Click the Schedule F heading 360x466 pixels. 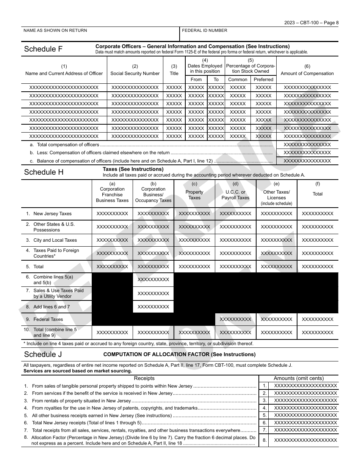[x=43, y=49]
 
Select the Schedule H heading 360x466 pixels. [x=44, y=172]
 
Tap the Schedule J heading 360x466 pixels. [x=43, y=355]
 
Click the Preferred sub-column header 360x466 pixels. [x=263, y=80]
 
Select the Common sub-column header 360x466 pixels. [x=238, y=80]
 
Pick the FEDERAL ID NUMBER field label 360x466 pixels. [x=205, y=31]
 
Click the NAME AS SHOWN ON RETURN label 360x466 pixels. [x=55, y=31]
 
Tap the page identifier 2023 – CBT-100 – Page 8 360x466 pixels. [x=311, y=23]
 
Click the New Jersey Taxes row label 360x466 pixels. [x=52, y=214]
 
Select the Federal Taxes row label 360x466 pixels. [x=48, y=319]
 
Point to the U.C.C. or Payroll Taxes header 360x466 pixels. [x=235, y=195]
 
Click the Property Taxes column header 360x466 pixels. [x=194, y=195]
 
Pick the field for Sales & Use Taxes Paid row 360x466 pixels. [x=153, y=293]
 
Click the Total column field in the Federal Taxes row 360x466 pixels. [x=318, y=319]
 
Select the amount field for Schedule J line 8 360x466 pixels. [x=305, y=440]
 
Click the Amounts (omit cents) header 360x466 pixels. [x=299, y=378]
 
